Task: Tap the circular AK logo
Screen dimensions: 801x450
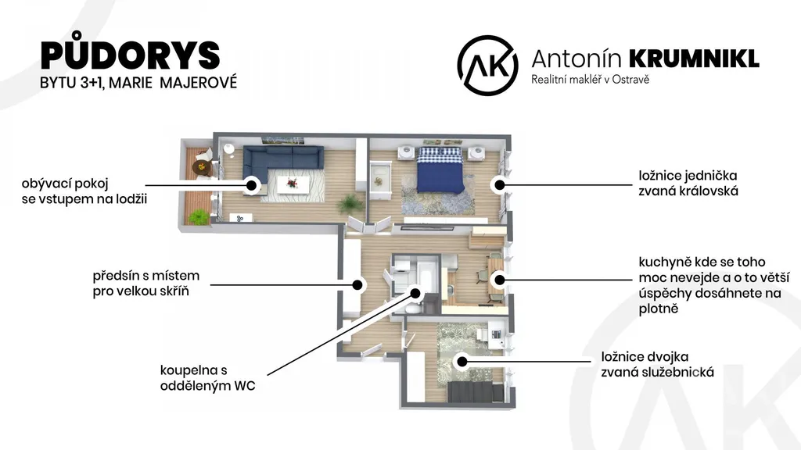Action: tap(487, 66)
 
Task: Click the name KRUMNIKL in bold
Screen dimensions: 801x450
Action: tap(695, 59)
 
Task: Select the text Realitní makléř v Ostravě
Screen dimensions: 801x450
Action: tap(590, 80)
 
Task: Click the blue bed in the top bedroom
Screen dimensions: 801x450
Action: tap(440, 170)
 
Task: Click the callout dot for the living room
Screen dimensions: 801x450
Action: tap(251, 185)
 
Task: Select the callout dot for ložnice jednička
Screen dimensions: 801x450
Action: tap(500, 185)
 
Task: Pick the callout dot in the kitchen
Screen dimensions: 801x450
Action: tap(500, 280)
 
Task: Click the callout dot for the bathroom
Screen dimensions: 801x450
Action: tap(415, 294)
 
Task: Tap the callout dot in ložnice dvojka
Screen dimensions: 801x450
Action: tap(462, 362)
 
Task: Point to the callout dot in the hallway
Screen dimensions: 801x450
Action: tap(358, 284)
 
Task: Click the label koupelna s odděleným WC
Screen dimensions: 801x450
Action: tap(207, 378)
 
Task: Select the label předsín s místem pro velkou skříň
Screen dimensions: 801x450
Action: tap(146, 283)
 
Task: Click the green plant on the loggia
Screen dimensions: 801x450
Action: tap(199, 217)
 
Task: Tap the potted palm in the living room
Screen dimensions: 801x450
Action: tap(349, 204)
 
